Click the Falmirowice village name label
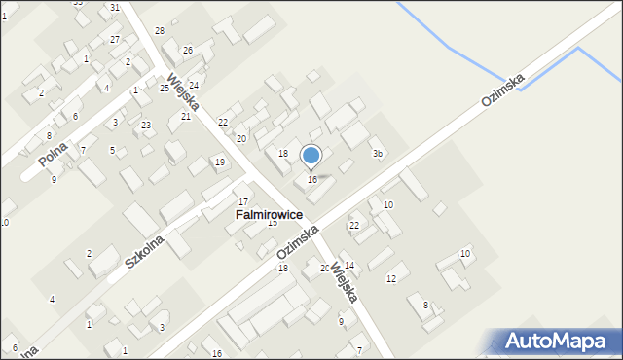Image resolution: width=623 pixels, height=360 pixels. [x=269, y=214]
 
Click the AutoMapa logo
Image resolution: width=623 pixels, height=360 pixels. [x=558, y=341]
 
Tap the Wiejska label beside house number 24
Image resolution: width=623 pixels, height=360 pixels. [x=183, y=90]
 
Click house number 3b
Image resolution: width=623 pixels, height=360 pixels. [x=378, y=154]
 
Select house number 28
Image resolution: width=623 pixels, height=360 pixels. [x=160, y=31]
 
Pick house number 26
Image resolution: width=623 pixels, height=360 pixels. [x=188, y=50]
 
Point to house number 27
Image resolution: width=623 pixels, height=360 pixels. [x=115, y=40]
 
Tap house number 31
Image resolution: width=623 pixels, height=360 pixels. [x=115, y=7]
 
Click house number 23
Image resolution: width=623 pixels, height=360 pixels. [x=146, y=125]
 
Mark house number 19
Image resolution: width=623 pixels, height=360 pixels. [x=220, y=162]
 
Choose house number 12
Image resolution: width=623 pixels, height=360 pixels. [x=391, y=278]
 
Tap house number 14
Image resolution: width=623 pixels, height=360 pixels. [x=349, y=266]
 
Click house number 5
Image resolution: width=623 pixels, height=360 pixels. [x=112, y=150]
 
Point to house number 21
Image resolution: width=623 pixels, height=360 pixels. [x=186, y=116]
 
